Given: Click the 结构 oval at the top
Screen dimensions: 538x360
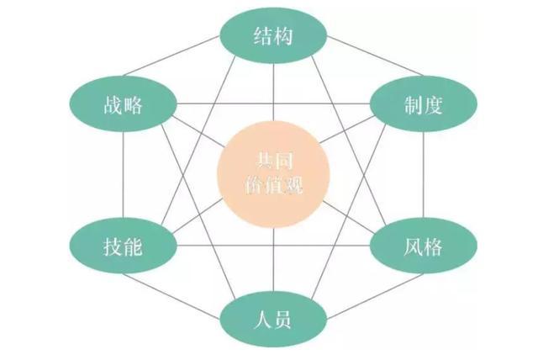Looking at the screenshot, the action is [273, 36].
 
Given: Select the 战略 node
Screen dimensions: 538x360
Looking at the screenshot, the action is [124, 104].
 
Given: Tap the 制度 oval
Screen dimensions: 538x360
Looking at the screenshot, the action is [424, 104].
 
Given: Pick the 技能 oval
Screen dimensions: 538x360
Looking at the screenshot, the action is [124, 246].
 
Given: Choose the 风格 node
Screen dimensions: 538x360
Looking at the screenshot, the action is [424, 246].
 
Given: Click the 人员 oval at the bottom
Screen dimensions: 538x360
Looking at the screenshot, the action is [273, 319].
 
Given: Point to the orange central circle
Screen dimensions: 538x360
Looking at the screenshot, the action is [273, 176].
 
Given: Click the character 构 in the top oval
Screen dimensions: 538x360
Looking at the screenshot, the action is [283, 36].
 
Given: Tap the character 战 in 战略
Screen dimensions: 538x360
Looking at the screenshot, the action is [113, 104].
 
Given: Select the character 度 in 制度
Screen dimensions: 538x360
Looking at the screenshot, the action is [434, 104].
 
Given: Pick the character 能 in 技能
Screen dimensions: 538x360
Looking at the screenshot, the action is [133, 246].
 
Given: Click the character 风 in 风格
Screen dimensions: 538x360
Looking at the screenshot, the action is [413, 246].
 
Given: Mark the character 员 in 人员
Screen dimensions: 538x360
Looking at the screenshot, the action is [282, 320].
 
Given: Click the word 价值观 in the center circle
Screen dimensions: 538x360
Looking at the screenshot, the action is [274, 186].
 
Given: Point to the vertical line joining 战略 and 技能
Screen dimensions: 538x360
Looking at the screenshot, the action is [123, 175].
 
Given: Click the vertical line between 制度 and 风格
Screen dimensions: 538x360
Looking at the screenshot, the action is [423, 175].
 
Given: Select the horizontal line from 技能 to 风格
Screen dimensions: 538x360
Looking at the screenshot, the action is [273, 246].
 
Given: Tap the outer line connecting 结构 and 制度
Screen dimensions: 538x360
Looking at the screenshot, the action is [375, 56].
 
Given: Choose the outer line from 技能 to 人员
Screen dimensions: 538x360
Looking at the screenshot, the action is [171, 296].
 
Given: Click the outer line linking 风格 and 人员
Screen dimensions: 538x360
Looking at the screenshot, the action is [375, 296].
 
